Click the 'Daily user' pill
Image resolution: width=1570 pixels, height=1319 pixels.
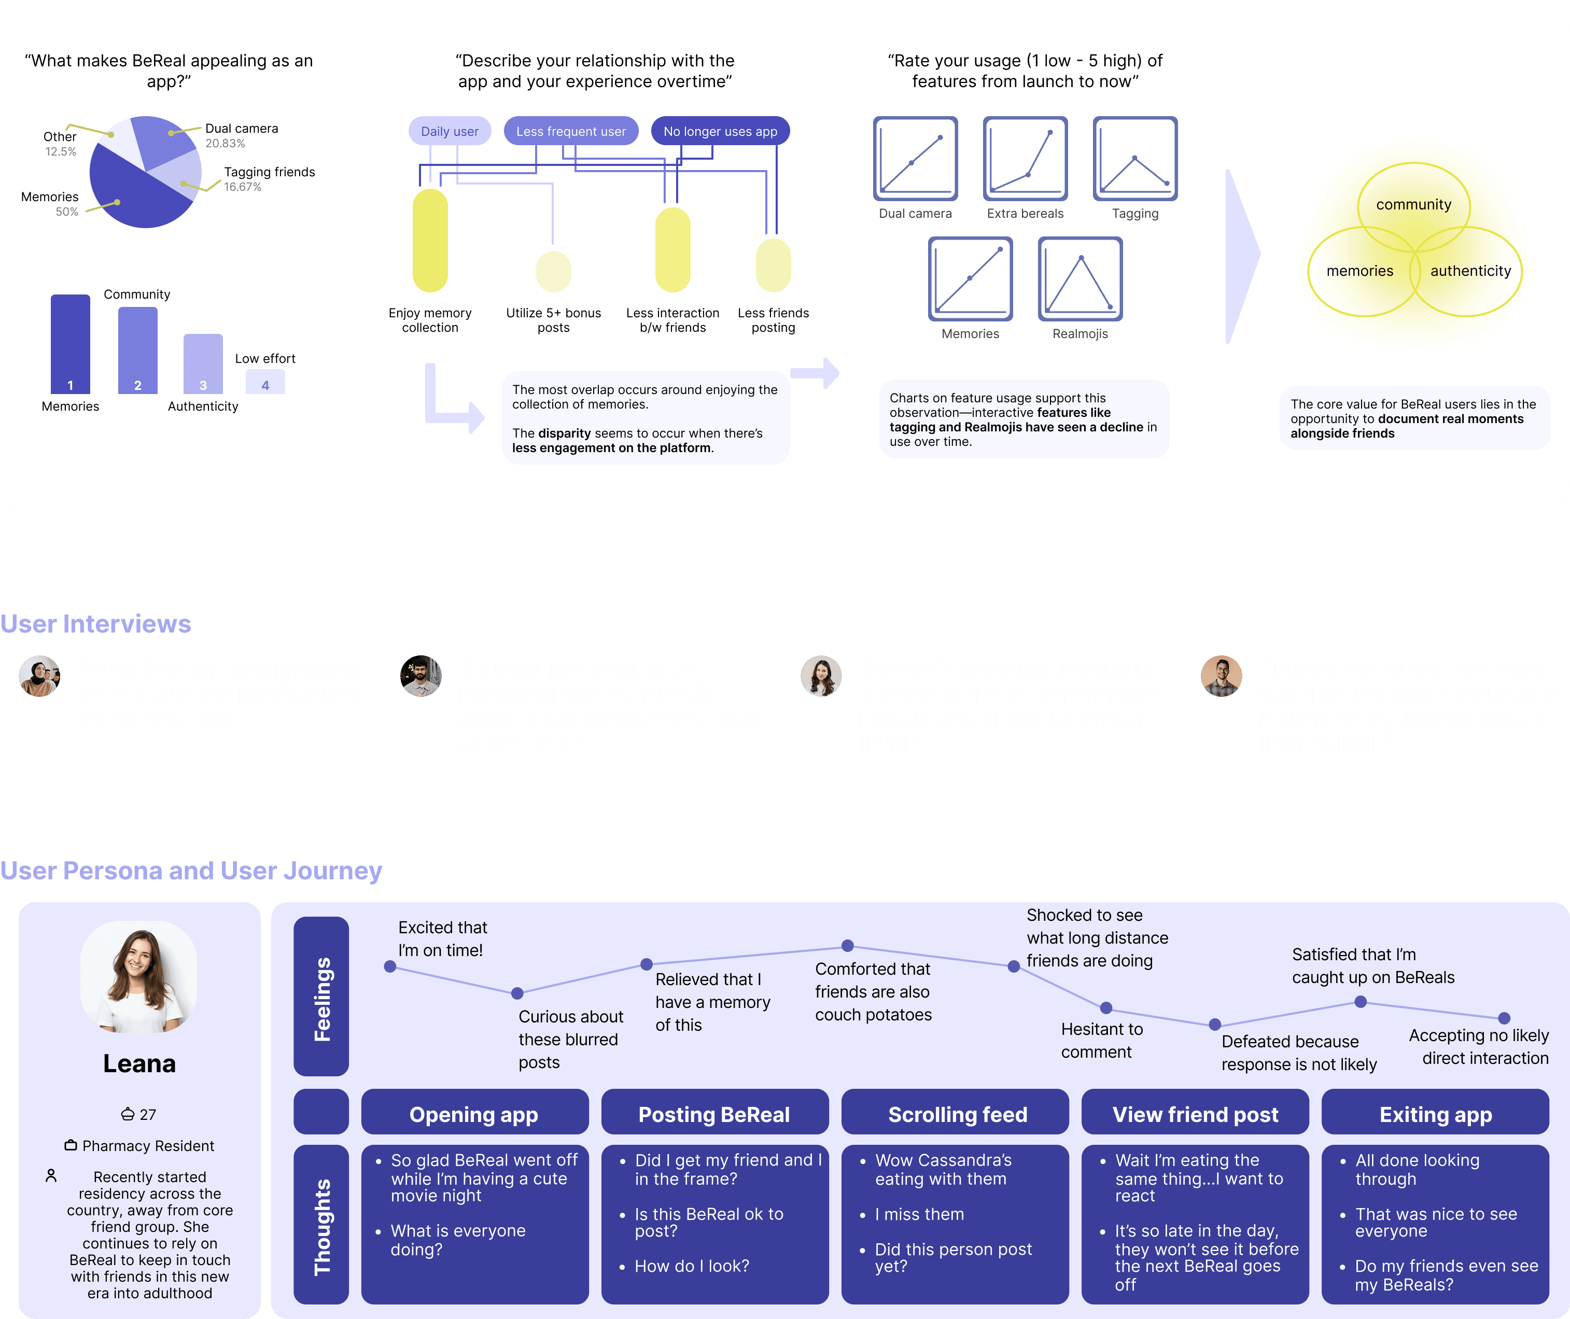(x=450, y=131)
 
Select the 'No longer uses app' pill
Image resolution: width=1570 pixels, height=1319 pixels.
(x=720, y=131)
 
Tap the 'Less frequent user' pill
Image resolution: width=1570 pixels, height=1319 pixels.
(x=570, y=131)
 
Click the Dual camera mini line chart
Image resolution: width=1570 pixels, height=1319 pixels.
(x=915, y=159)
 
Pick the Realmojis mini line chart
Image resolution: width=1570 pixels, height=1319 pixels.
(x=1080, y=279)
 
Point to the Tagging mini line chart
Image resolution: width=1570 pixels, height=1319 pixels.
(x=1135, y=159)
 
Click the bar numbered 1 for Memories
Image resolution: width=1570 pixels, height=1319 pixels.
(x=71, y=344)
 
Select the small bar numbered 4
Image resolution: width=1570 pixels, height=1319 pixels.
(x=265, y=382)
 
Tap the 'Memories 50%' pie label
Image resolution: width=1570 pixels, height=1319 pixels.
(x=50, y=203)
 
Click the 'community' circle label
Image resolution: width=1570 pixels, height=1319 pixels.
(x=1413, y=204)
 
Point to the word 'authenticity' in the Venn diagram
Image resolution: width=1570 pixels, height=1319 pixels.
(x=1470, y=271)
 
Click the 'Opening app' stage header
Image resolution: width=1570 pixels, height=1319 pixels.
(x=474, y=1114)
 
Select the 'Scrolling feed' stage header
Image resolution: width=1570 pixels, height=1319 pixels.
(x=957, y=1114)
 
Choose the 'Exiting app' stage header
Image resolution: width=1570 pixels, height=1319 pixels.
(x=1435, y=1114)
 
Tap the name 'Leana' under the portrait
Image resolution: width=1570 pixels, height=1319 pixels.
(x=139, y=1063)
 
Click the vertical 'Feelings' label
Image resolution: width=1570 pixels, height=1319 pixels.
(x=321, y=998)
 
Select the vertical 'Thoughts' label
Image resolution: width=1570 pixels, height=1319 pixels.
(x=321, y=1226)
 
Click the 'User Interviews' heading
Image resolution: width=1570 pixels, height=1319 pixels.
(x=96, y=624)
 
